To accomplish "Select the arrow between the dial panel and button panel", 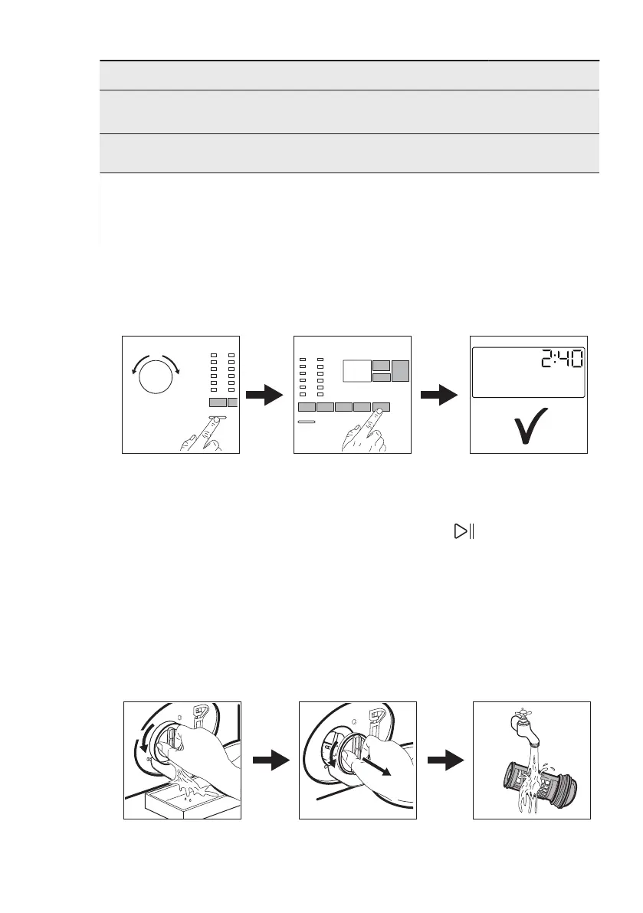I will point(267,396).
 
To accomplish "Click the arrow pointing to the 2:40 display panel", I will point(441,396).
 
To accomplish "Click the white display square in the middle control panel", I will point(356,372).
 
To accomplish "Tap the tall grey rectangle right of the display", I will point(402,370).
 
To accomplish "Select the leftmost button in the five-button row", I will point(306,408).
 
